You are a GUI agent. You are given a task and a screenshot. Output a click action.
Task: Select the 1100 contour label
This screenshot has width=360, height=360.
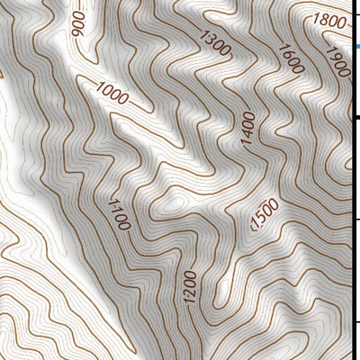pyautogui.click(x=118, y=213)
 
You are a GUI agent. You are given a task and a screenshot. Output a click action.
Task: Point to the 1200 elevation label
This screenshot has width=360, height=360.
pyautogui.click(x=190, y=287)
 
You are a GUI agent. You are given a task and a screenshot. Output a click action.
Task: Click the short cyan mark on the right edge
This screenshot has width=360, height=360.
pyautogui.click(x=357, y=46)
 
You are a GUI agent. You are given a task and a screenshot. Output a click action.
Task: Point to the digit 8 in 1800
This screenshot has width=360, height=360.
pyautogui.click(x=324, y=21)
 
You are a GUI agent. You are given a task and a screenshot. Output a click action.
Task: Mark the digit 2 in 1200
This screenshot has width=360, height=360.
pyautogui.click(x=190, y=292)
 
